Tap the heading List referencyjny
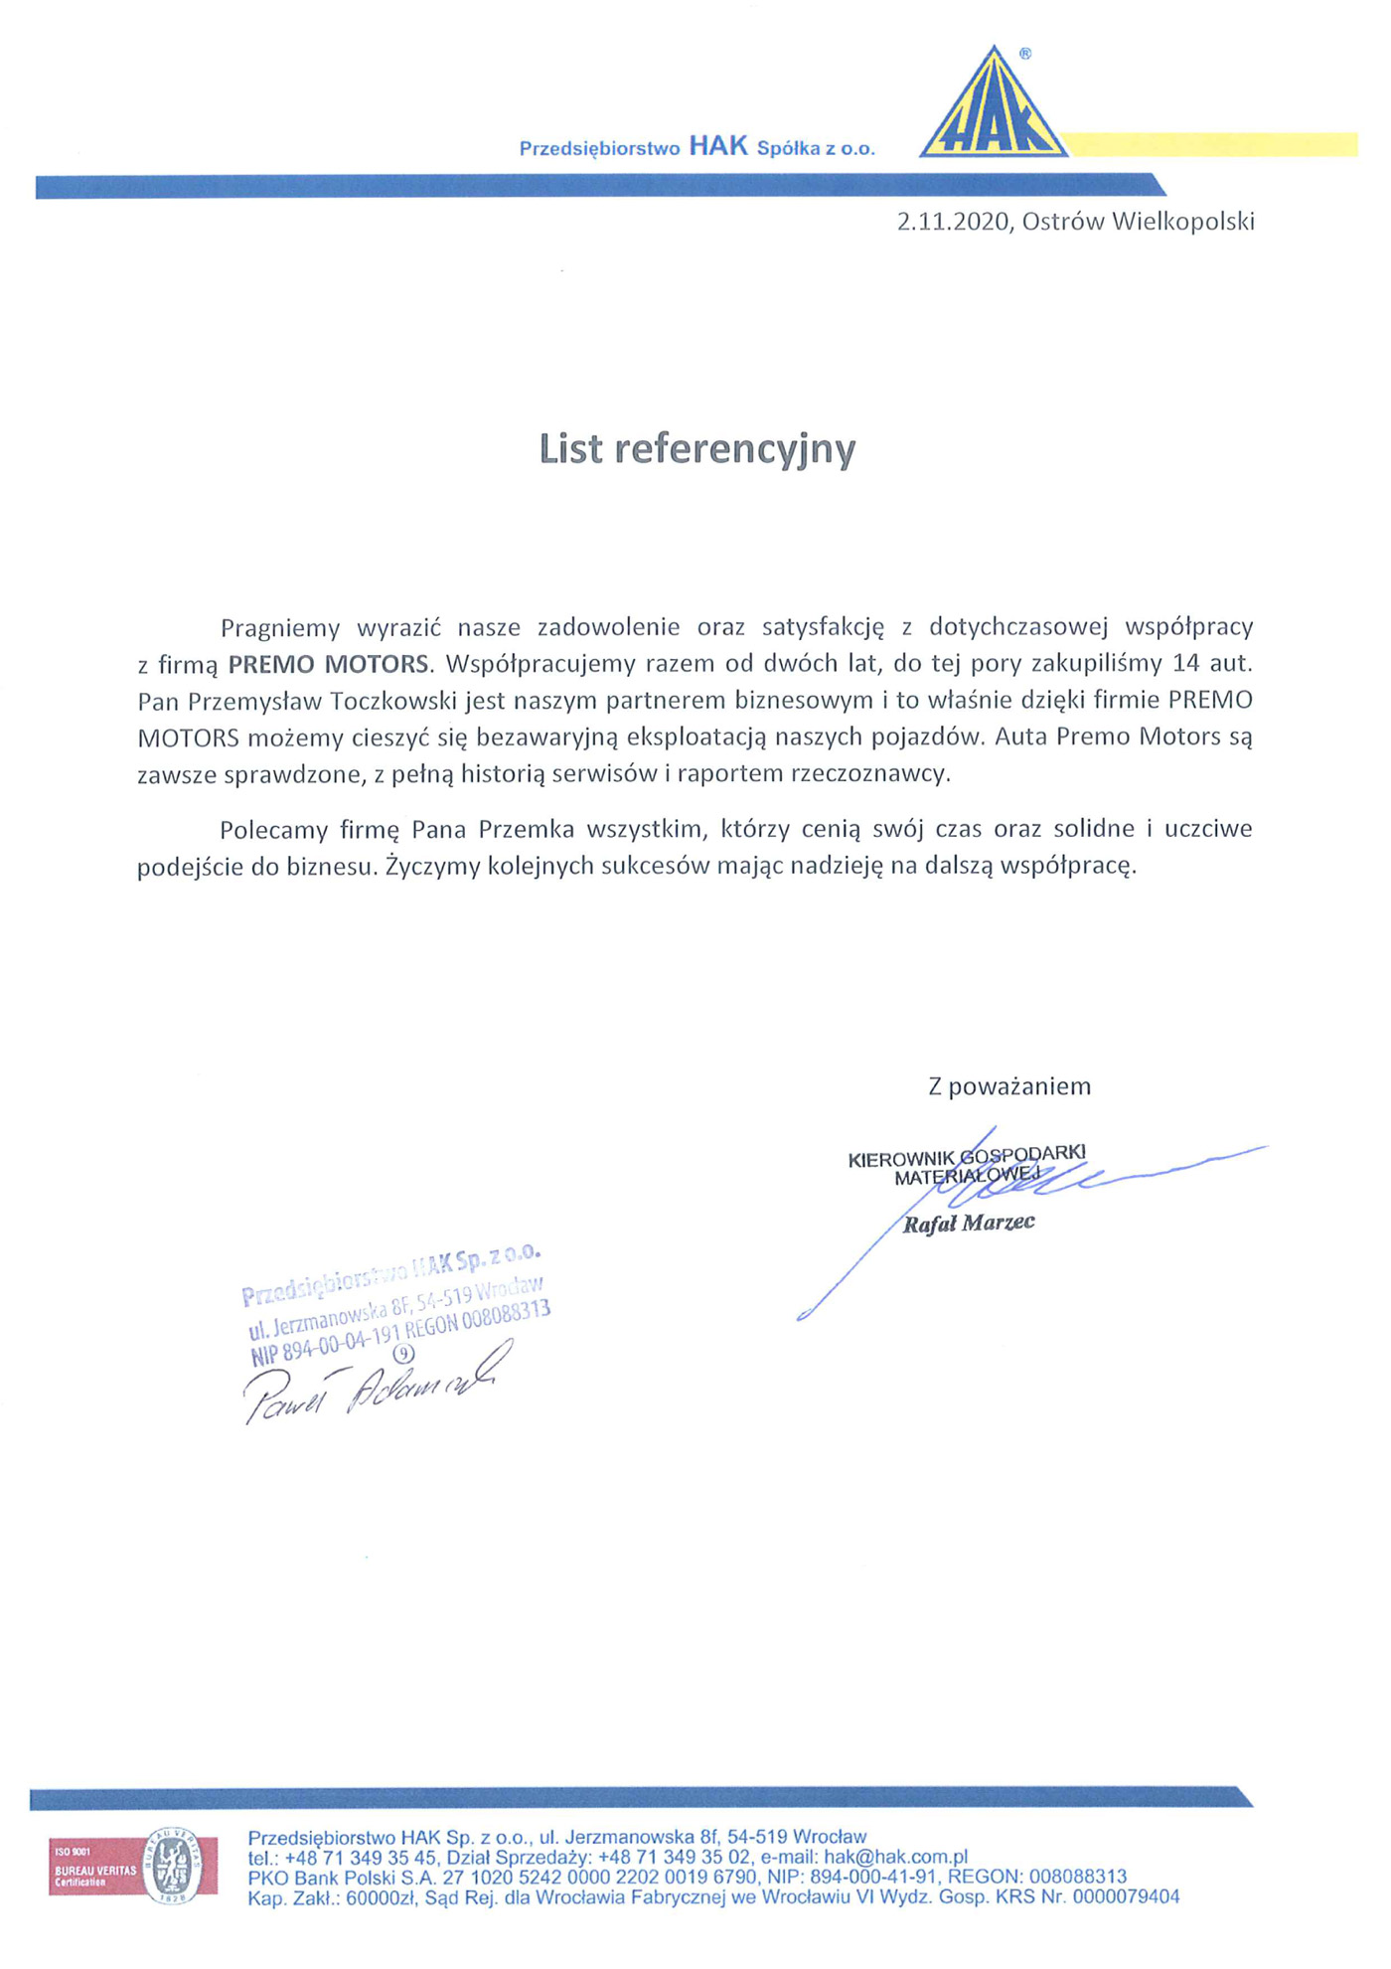tap(696, 449)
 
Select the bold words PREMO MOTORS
tap(330, 664)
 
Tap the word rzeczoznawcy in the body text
tap(869, 774)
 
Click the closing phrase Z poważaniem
tap(1008, 1086)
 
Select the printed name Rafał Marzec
tap(969, 1224)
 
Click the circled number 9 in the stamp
tap(403, 1353)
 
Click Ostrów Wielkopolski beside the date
tap(1138, 222)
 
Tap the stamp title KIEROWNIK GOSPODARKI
tap(966, 1156)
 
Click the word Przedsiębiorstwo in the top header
tap(599, 149)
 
